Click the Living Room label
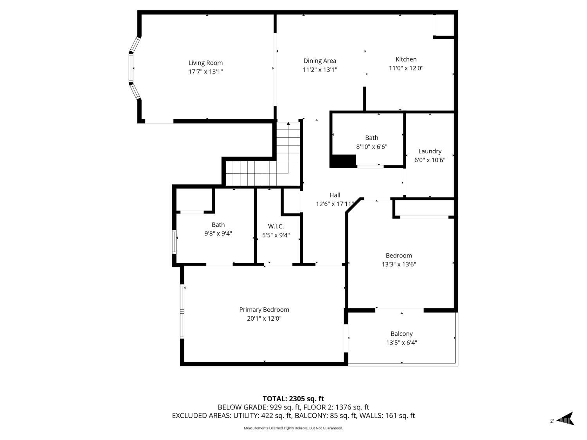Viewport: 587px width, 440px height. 205,63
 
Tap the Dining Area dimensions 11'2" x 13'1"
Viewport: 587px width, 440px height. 320,70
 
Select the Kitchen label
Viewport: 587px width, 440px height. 406,59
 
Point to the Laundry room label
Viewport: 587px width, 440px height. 430,151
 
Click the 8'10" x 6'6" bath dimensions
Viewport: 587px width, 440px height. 371,147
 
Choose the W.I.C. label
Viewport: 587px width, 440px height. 276,226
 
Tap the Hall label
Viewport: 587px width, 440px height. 335,195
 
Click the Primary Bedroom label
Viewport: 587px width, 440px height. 264,310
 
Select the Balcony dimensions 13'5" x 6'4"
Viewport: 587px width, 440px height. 402,343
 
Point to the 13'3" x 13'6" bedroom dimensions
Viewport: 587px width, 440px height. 399,264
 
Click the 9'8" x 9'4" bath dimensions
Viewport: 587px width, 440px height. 218,233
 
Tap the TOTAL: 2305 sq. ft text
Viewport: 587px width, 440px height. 293,399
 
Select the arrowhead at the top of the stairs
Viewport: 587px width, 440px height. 288,124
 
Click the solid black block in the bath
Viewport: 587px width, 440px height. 342,161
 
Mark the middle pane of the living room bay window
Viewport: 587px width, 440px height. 131,68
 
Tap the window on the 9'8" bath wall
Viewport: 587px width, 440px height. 174,242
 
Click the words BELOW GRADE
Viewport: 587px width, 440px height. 242,408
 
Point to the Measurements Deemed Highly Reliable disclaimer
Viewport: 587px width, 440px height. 293,428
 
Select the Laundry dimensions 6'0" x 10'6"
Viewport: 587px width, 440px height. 430,160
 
